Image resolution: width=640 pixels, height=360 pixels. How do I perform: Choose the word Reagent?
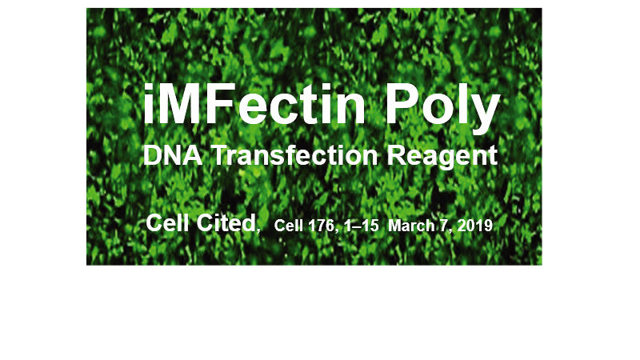(x=443, y=157)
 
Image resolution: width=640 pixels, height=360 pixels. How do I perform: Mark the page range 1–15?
(x=358, y=226)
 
